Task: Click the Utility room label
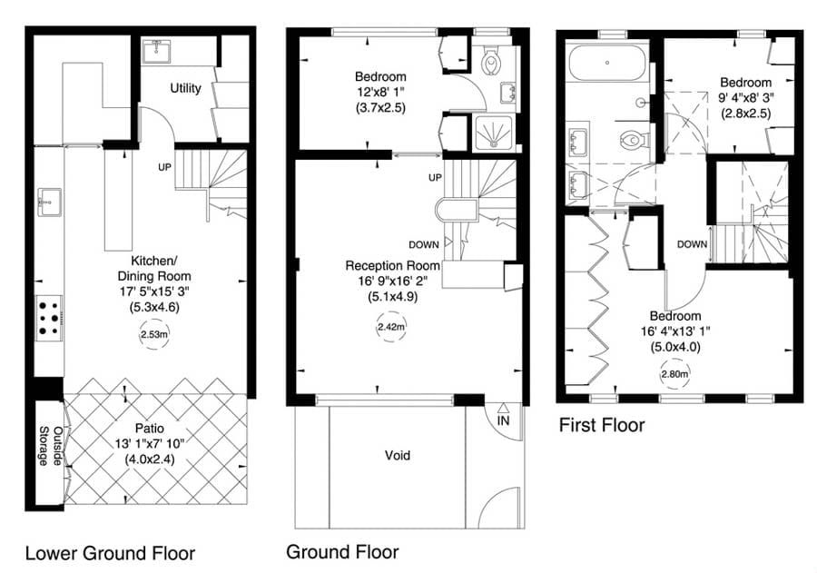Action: (185, 88)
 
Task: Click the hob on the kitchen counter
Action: (49, 318)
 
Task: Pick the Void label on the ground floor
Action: (398, 456)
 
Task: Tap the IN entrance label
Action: (503, 420)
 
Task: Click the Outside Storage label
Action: (51, 446)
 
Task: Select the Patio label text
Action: (150, 429)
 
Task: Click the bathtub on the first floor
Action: (607, 63)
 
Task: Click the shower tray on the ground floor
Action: (492, 133)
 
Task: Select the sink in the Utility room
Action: (156, 51)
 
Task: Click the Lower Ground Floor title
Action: (110, 554)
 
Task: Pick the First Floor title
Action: (602, 426)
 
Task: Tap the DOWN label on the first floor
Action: (693, 244)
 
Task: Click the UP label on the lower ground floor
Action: (165, 167)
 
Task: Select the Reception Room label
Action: (392, 265)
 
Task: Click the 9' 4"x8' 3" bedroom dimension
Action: (745, 97)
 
